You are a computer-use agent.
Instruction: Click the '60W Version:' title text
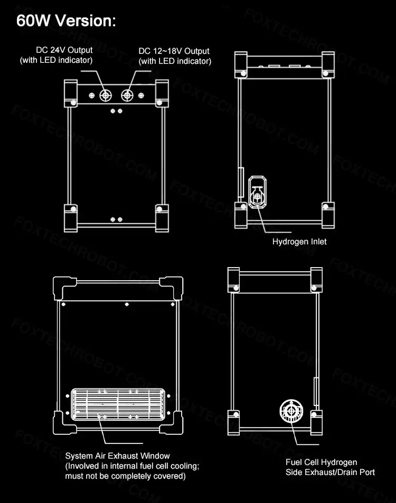coord(65,21)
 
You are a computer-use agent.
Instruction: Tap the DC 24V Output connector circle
coord(106,95)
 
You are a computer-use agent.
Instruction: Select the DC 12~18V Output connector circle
coord(128,95)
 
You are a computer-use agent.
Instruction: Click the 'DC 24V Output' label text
coord(64,50)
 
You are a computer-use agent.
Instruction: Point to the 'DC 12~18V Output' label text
coord(174,51)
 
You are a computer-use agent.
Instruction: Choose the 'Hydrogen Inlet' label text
coord(299,242)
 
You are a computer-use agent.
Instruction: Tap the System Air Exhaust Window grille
coord(118,404)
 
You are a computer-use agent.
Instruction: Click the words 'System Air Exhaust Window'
coord(117,455)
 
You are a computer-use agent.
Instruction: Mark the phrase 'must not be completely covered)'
coord(125,476)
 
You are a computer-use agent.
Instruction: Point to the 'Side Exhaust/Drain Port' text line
coord(330,472)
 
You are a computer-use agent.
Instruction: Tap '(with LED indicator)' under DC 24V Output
coord(56,60)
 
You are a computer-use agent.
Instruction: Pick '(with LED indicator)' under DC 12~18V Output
coord(175,61)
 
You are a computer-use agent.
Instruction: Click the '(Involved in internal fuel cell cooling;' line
coord(132,466)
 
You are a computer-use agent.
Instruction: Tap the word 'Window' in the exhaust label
coord(157,455)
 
